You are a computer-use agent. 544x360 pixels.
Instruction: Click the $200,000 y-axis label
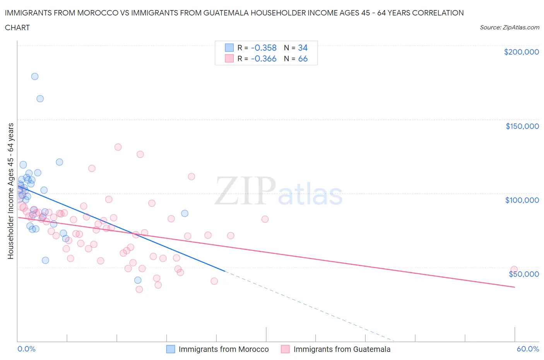[x=521, y=52]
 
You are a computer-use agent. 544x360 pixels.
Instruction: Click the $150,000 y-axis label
[x=522, y=126]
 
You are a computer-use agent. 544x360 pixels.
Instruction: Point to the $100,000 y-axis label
[x=522, y=200]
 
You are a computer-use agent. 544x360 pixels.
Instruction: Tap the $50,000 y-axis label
[x=523, y=274]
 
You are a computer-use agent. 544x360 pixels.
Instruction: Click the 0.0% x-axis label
[x=26, y=349]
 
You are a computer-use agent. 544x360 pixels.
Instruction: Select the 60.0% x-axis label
[x=528, y=349]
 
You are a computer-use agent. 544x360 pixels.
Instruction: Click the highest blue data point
[x=35, y=76]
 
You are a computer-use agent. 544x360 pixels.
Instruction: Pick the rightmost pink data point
[x=514, y=269]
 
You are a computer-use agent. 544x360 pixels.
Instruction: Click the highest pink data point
[x=118, y=147]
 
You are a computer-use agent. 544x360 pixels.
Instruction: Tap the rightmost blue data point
[x=185, y=213]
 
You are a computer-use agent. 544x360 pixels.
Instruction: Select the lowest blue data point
[x=138, y=280]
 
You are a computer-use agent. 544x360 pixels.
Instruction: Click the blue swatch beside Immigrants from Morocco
[x=171, y=349]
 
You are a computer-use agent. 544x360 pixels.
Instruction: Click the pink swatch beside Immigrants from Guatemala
[x=285, y=349]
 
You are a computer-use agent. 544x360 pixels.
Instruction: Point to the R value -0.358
[x=263, y=48]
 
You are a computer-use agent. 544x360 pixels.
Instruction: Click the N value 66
[x=303, y=58]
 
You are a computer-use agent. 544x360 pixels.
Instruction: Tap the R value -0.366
[x=263, y=58]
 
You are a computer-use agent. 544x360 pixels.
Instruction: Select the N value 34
[x=303, y=48]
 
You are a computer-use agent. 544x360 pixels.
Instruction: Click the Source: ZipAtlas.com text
[x=509, y=27]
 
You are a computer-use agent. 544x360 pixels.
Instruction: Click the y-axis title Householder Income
[x=10, y=191]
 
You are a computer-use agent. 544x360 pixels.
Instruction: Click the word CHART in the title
[x=17, y=27]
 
